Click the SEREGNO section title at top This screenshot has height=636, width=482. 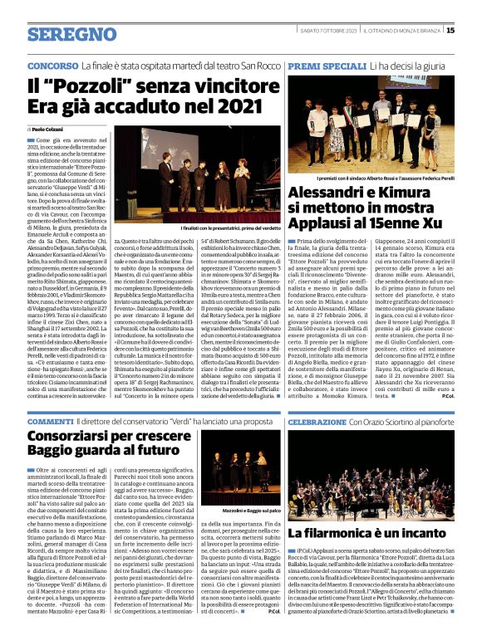pyautogui.click(x=60, y=34)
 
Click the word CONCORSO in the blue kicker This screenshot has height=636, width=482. pyautogui.click(x=53, y=64)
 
